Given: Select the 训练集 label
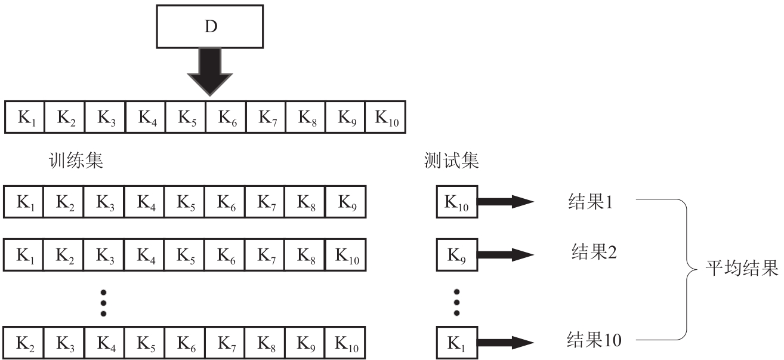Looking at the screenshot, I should [x=76, y=161].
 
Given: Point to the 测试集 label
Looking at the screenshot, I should [x=451, y=161].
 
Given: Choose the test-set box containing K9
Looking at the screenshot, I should [x=456, y=254].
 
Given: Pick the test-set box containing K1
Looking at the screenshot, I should [x=456, y=343].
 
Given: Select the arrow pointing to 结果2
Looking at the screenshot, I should [x=504, y=254].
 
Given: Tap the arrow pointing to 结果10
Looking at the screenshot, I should [x=504, y=343].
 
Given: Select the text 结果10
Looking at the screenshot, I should [x=594, y=340].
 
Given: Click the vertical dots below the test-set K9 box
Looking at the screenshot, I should [x=456, y=302].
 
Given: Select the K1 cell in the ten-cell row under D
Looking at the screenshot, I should [x=25, y=116].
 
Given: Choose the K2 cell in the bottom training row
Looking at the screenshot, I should [x=25, y=343].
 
